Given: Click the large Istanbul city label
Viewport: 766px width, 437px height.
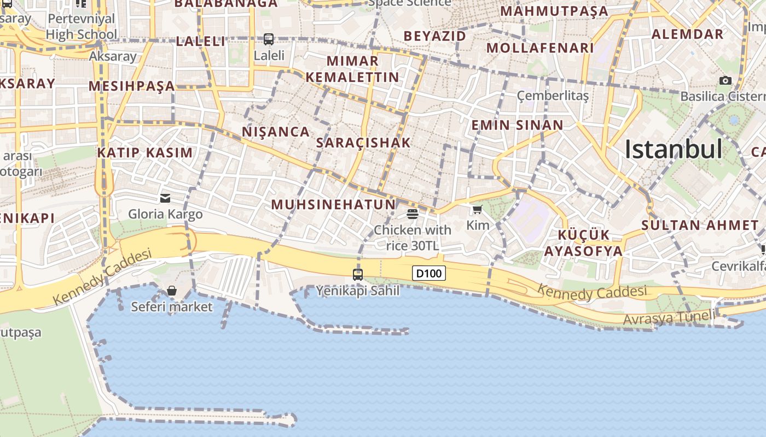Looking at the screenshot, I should click(673, 149).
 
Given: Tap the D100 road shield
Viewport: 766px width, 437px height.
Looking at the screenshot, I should click(428, 273).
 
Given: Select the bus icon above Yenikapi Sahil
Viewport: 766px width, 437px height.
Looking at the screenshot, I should click(358, 274).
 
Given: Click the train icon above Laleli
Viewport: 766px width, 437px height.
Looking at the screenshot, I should click(268, 39).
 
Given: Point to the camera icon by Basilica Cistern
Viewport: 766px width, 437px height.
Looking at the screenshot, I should click(725, 81).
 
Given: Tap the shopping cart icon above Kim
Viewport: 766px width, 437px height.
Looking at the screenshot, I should click(477, 209).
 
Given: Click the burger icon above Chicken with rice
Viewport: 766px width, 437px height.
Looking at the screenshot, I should click(413, 214).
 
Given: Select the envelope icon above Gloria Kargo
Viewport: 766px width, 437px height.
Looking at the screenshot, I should click(165, 198).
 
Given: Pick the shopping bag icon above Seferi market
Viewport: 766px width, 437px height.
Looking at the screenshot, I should click(172, 291).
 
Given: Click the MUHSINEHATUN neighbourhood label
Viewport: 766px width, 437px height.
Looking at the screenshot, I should click(333, 205).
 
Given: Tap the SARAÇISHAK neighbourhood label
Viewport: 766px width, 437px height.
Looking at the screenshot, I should click(363, 143).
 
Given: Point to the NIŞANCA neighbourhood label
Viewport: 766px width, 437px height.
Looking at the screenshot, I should click(276, 132).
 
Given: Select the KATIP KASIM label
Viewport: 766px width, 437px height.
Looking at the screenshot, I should click(145, 153).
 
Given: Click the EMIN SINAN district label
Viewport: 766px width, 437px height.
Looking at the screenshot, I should click(517, 125).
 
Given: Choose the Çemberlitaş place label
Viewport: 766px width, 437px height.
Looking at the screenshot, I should click(553, 96).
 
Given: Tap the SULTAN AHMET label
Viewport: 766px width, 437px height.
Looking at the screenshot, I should click(700, 225).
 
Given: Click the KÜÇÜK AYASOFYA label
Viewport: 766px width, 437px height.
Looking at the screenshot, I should click(583, 243).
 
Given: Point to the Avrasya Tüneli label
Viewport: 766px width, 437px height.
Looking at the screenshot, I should click(669, 317).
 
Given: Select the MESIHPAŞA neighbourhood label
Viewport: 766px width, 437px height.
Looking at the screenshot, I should click(131, 86).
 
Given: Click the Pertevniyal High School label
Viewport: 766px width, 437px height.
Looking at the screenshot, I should click(82, 27).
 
